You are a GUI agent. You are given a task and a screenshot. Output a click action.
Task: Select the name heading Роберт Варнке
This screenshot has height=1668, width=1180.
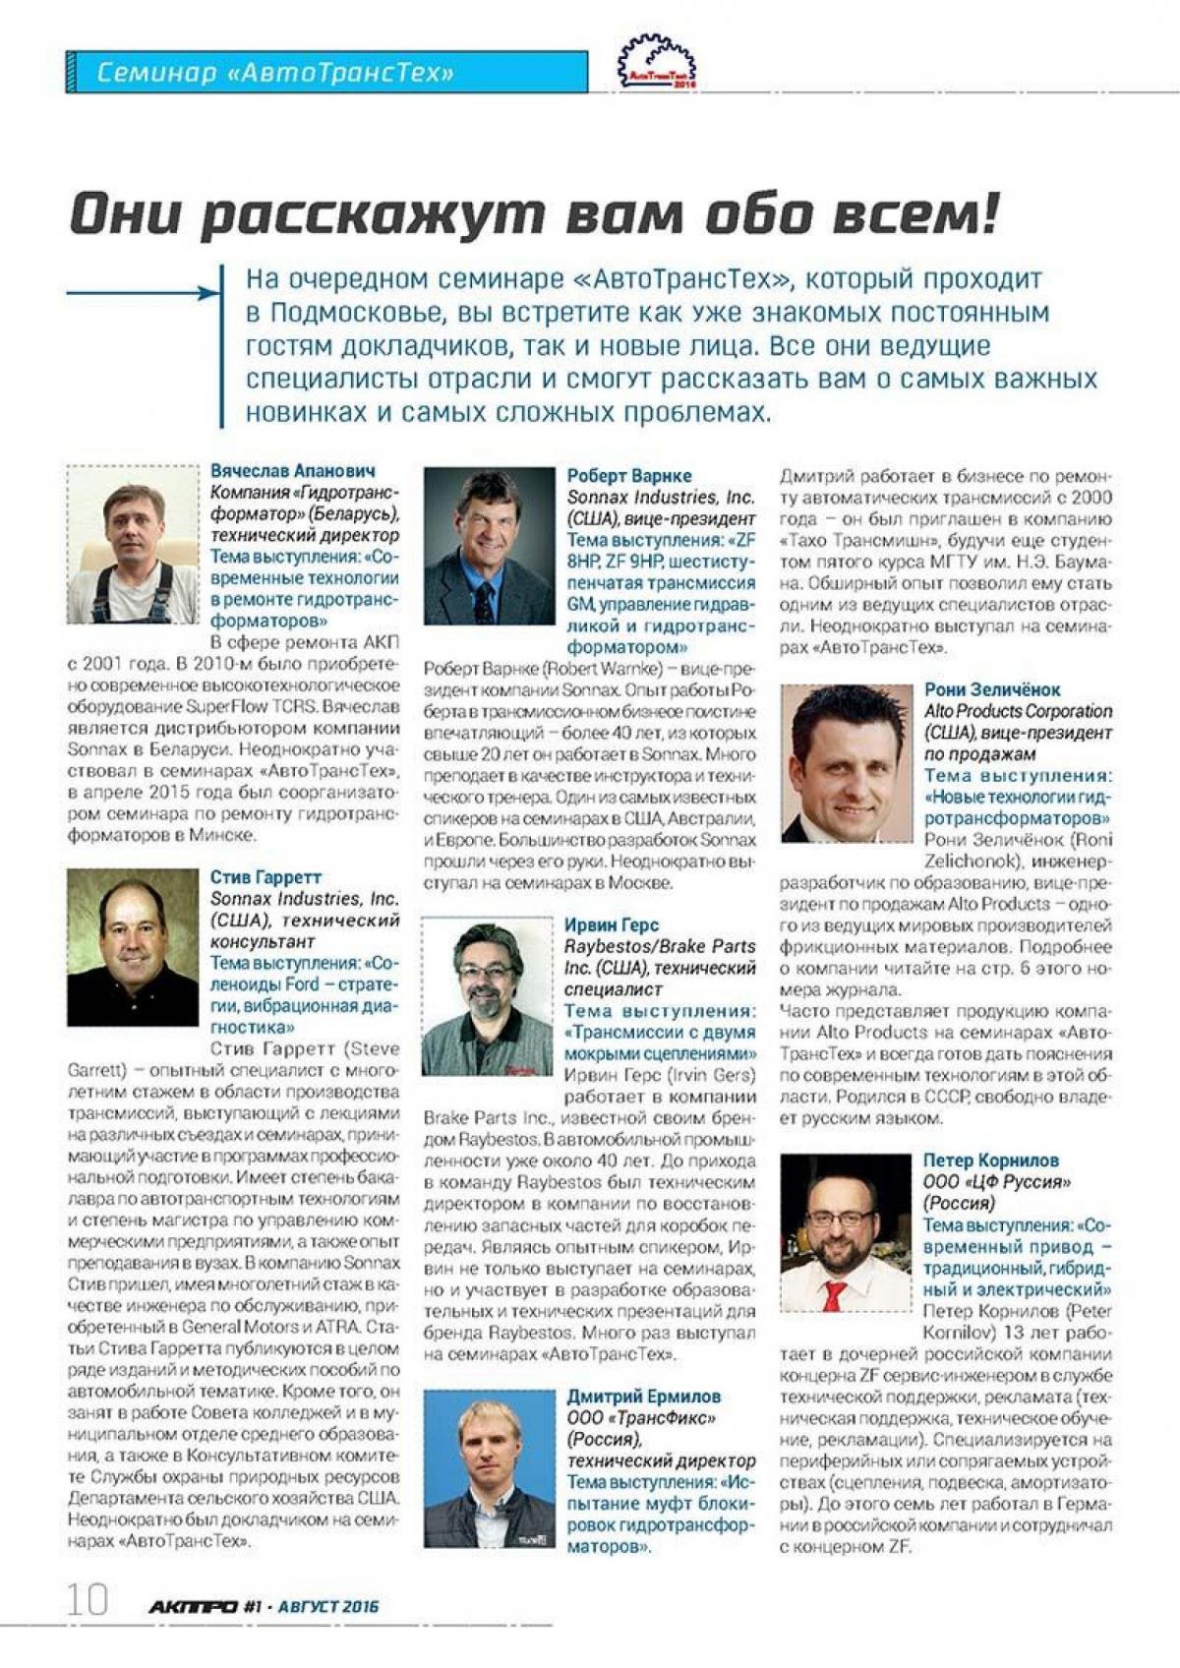click(x=629, y=476)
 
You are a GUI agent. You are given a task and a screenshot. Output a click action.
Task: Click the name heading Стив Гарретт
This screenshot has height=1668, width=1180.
click(x=265, y=877)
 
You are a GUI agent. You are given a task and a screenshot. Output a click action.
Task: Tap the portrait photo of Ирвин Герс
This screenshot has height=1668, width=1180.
click(x=488, y=996)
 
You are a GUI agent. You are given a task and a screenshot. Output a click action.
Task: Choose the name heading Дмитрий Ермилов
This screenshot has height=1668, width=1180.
click(x=643, y=1397)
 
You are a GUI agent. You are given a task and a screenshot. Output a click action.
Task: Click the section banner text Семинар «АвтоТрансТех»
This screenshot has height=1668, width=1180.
click(x=275, y=73)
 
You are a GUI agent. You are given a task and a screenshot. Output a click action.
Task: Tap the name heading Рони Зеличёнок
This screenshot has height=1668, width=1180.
click(x=992, y=690)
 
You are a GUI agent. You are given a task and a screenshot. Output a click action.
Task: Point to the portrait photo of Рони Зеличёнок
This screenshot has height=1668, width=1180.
click(x=847, y=763)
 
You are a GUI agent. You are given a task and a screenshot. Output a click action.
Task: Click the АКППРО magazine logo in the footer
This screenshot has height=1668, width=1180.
click(x=193, y=1607)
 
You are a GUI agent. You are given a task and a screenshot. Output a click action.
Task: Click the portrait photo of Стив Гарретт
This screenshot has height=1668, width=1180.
click(x=133, y=947)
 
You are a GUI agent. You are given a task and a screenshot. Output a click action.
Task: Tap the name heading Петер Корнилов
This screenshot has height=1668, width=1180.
click(x=990, y=1161)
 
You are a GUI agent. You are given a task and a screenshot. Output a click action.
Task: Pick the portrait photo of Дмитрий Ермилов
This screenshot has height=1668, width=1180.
click(x=489, y=1468)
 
